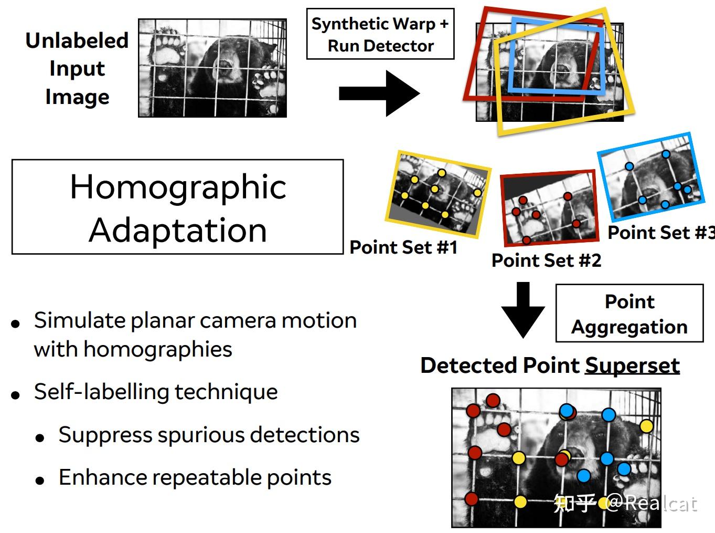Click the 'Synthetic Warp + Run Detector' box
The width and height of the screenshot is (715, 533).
(380, 34)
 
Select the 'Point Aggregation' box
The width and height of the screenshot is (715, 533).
(629, 313)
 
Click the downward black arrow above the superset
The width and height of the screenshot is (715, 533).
(522, 309)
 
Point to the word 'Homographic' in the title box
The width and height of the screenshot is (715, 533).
(178, 187)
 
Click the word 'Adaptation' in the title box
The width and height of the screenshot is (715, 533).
(178, 230)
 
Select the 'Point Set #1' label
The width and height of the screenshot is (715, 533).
(403, 247)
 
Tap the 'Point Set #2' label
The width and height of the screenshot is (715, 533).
(546, 260)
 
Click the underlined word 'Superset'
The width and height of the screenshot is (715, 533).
(632, 365)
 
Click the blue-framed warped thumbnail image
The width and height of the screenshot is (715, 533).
(650, 176)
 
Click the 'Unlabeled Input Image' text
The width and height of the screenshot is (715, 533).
(77, 69)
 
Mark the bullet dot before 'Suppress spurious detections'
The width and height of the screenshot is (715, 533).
(40, 437)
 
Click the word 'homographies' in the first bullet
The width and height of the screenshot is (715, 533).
(157, 349)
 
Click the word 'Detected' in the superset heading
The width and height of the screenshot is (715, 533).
(469, 365)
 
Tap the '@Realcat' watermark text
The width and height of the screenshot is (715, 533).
(650, 503)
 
